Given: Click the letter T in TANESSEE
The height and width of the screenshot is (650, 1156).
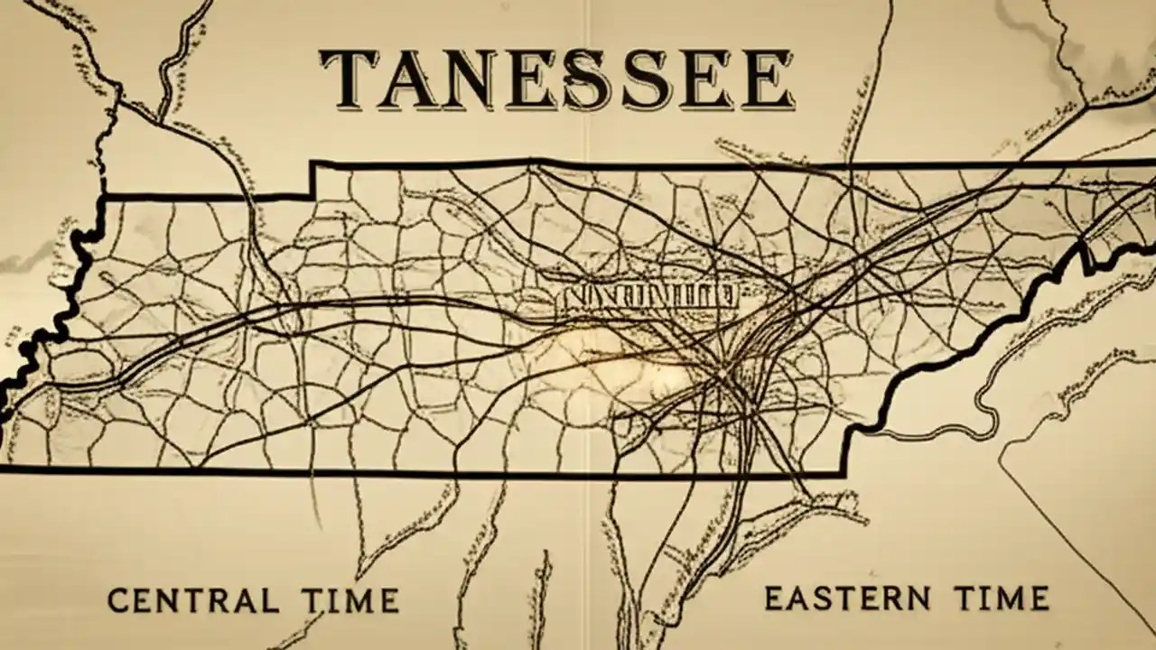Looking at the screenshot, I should [349, 79].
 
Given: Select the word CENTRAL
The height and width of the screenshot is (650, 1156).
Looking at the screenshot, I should [192, 600].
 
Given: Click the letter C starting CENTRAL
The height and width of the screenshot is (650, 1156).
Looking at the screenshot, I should [117, 600].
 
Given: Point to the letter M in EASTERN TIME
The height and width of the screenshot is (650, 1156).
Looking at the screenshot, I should [1004, 598].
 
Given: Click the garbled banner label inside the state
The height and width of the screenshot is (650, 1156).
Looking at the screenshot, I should [648, 295].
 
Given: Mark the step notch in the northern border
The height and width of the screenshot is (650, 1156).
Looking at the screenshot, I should [312, 179].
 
